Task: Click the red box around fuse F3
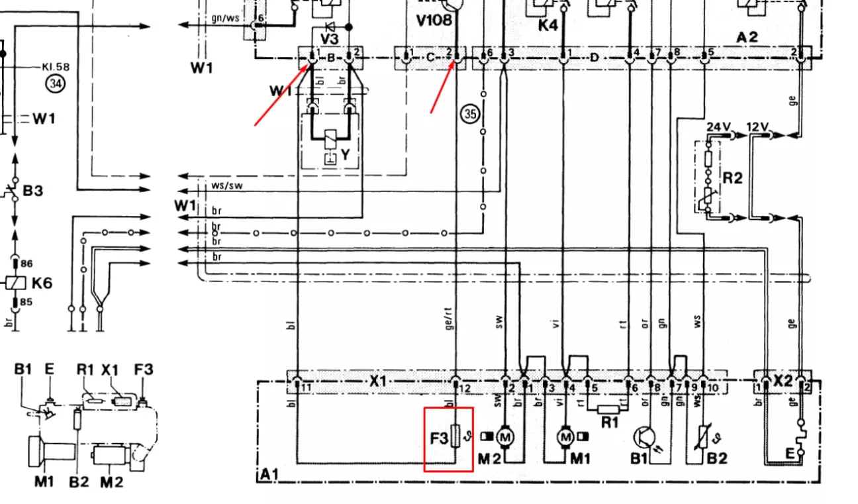[x=448, y=439]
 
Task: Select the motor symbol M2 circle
[x=506, y=436]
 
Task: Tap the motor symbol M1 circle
[x=565, y=436]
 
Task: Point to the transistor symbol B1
[x=645, y=437]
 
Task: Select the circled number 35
[x=469, y=114]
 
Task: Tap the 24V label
[x=718, y=126]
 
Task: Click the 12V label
[x=757, y=126]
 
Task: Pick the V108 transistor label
[x=434, y=20]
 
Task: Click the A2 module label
[x=747, y=37]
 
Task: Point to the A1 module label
[x=269, y=474]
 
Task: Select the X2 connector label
[x=783, y=381]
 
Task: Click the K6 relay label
[x=42, y=283]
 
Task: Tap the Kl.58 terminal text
[x=56, y=67]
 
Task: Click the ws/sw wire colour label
[x=226, y=185]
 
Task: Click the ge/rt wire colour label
[x=450, y=320]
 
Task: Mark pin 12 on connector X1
[x=464, y=388]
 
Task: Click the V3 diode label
[x=329, y=38]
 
